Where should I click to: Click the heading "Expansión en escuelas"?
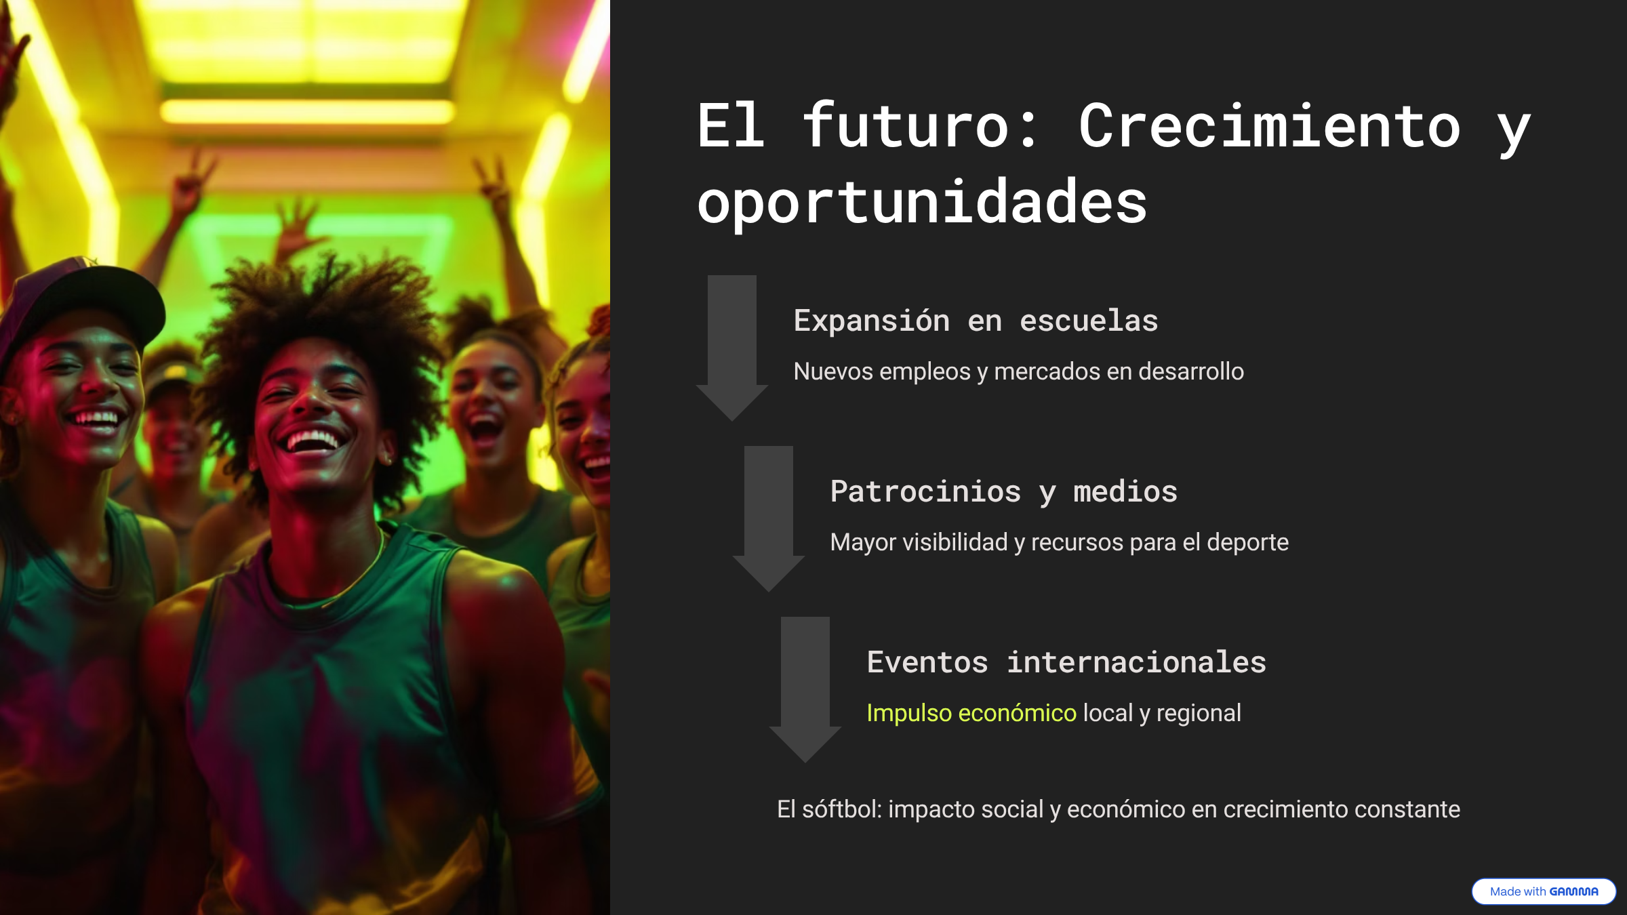coord(976,321)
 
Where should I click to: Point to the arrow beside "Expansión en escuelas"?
coord(732,348)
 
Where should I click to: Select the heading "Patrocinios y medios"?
coord(1004,491)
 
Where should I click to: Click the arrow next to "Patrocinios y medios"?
coord(769,518)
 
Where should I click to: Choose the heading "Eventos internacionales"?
coord(1066,662)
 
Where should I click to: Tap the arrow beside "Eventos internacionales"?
coord(805,689)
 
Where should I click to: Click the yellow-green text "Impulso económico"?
coord(971,713)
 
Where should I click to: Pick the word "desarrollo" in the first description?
coord(1191,371)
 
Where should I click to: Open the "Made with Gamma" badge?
coord(1544,891)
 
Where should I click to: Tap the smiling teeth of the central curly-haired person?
coord(313,443)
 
